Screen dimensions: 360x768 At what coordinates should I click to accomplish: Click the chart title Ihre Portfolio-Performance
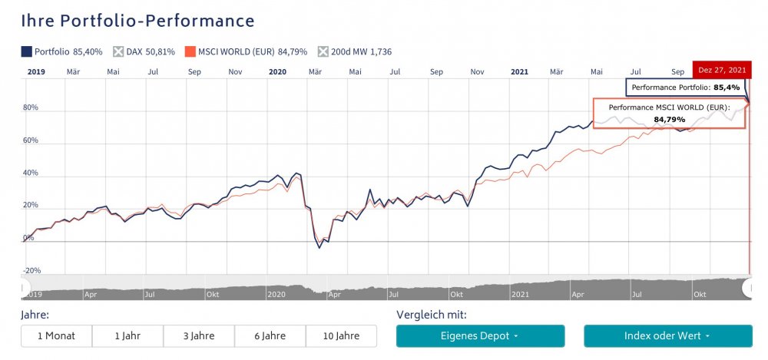138,21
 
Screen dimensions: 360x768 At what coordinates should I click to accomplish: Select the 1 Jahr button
127,336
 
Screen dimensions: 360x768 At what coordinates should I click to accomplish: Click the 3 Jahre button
199,336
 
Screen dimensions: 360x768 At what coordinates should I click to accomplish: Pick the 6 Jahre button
270,336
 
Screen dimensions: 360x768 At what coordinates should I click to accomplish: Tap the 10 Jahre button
341,336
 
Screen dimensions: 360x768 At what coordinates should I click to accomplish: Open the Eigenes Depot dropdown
480,336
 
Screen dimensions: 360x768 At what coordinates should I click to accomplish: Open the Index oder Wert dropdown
667,336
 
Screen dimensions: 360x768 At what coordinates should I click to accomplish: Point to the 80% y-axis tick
30,108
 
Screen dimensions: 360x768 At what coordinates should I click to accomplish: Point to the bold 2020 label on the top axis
277,71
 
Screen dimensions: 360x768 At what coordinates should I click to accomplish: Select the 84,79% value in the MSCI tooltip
669,120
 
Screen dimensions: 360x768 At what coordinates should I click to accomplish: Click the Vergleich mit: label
431,315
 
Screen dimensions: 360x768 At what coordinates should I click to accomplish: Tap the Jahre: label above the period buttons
35,315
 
